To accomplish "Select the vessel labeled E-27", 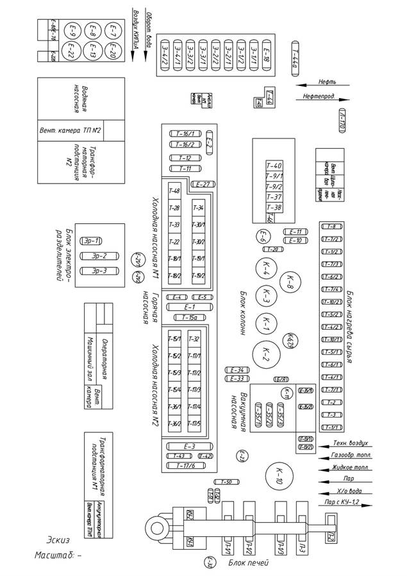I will [x=204, y=184].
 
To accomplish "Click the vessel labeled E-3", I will [x=188, y=446].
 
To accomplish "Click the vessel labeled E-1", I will [x=188, y=307].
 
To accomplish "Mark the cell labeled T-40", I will [x=274, y=165].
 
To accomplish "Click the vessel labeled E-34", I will [x=236, y=370].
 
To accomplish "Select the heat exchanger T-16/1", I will [x=184, y=134].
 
